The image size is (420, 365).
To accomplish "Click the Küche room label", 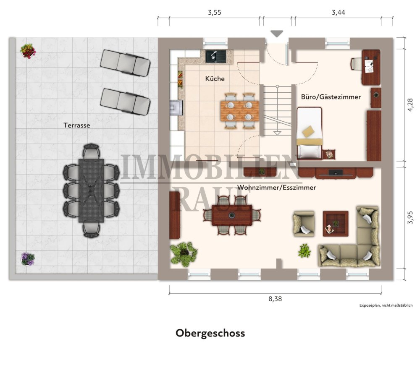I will (x=215, y=78).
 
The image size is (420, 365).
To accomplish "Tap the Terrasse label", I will (x=77, y=125).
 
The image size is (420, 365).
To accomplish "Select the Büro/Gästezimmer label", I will (x=331, y=97).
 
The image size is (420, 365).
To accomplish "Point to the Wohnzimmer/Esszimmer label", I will (x=276, y=188).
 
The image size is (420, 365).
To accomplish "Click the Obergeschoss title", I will (x=210, y=333).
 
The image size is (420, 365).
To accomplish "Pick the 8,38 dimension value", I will (x=275, y=299).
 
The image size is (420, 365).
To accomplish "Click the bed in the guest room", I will (x=310, y=133).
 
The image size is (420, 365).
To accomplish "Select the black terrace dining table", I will (x=91, y=190).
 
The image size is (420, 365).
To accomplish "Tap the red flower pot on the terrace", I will (x=28, y=51).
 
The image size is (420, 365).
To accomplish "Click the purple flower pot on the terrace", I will (x=28, y=258).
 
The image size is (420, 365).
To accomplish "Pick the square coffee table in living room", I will (x=335, y=223).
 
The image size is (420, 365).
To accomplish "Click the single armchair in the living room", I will (x=304, y=224).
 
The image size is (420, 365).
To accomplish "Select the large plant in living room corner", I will (x=184, y=253).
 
